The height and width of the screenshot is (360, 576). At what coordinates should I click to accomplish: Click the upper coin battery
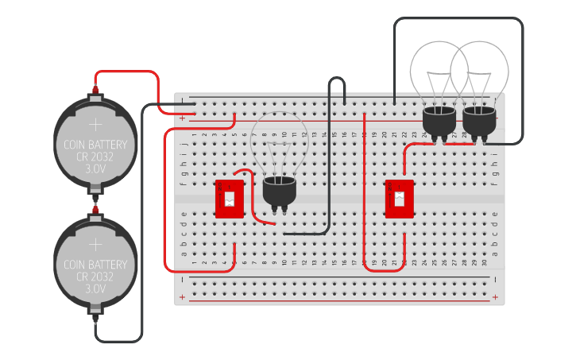95,143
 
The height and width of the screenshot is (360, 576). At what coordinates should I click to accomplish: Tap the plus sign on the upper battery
95,125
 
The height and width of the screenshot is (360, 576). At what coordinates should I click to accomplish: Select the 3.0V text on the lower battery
95,289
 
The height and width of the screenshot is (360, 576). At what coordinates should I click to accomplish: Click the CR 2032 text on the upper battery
95,157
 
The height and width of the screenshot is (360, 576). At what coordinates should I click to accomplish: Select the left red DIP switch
230,198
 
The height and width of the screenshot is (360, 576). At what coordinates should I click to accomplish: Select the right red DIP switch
399,198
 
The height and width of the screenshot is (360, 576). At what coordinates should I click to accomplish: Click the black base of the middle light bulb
279,191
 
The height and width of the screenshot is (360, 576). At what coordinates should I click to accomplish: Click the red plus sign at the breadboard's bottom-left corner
183,297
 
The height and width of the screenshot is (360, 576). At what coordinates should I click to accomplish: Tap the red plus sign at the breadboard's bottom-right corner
495,297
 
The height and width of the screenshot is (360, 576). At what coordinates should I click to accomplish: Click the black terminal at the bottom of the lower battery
95,317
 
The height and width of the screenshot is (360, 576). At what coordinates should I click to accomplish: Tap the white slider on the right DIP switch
399,198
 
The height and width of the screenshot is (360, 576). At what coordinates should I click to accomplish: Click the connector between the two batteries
95,204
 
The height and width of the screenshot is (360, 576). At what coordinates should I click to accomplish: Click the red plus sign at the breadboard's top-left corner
183,118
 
